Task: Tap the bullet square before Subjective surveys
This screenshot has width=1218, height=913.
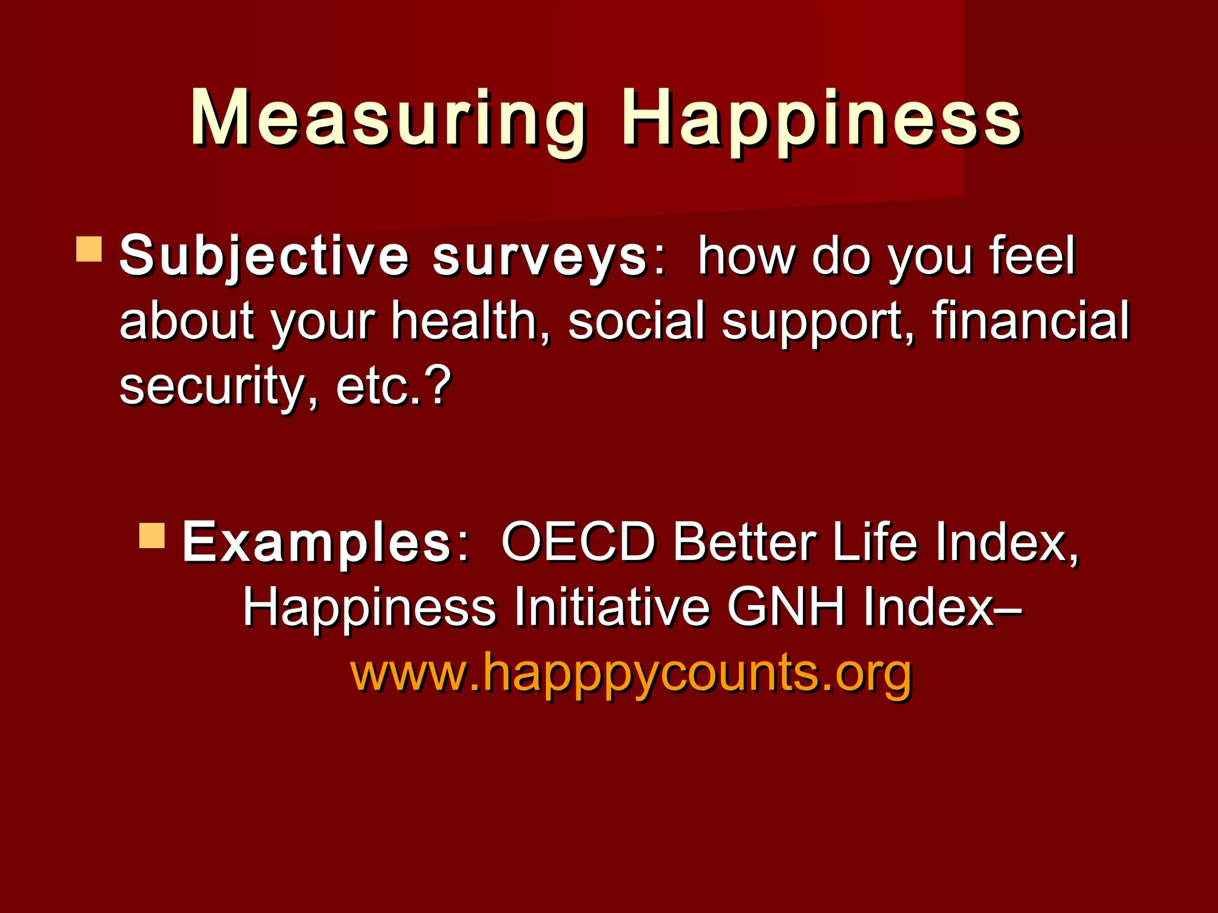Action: tap(89, 250)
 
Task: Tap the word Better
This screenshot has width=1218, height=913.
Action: tap(743, 542)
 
